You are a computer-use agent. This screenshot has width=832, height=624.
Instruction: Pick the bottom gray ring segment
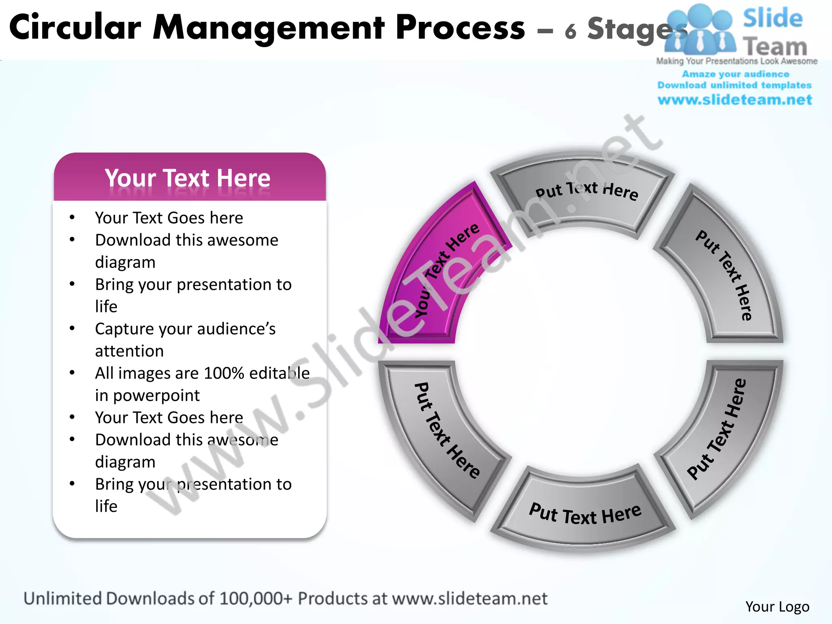coord(585,512)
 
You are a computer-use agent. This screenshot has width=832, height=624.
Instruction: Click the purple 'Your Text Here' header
coord(188,178)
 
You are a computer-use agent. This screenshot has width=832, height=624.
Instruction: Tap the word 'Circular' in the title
coord(75,28)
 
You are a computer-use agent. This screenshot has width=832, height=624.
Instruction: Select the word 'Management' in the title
coord(268,28)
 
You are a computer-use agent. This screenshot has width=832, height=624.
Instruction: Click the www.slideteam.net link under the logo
coord(734,100)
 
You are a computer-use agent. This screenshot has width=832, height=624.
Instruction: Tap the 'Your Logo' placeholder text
coord(777,607)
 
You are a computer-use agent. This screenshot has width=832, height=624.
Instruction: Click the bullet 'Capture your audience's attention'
coord(185,340)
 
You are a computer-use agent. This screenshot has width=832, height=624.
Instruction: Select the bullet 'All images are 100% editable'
coord(202,373)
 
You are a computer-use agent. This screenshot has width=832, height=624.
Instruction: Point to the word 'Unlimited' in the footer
coord(63,598)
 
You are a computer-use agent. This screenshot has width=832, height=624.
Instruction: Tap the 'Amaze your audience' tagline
coord(735,74)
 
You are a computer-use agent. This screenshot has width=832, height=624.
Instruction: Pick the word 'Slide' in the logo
coord(773,18)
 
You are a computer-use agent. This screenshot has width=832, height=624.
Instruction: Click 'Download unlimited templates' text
coord(734,85)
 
